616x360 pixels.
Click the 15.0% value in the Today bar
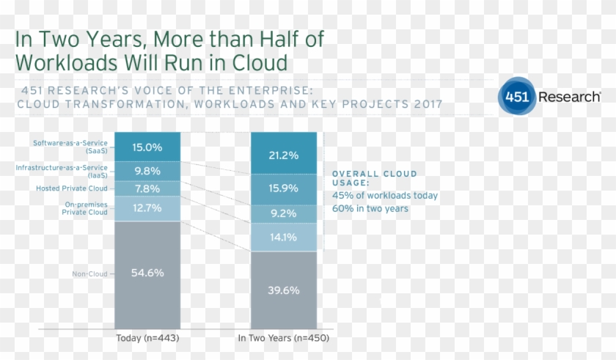coord(147,147)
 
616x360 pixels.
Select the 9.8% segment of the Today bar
coord(147,171)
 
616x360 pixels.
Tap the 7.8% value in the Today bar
coord(147,189)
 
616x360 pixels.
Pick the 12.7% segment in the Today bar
coord(147,208)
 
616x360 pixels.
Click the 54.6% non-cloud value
coord(147,273)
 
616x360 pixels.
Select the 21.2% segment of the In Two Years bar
coord(283,155)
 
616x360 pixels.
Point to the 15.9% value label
coord(283,188)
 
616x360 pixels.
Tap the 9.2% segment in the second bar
coord(283,214)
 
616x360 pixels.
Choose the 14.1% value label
coord(283,237)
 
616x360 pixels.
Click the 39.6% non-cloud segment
coord(283,290)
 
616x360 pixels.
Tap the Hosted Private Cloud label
coord(72,188)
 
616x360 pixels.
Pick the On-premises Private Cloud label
coord(85,208)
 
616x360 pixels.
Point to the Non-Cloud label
coord(89,274)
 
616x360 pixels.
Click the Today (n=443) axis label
coord(147,339)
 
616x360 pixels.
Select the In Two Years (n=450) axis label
coord(283,339)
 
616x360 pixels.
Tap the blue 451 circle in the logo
coord(516,97)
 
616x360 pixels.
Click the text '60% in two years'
coord(370,209)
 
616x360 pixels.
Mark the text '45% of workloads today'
coord(385,196)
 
